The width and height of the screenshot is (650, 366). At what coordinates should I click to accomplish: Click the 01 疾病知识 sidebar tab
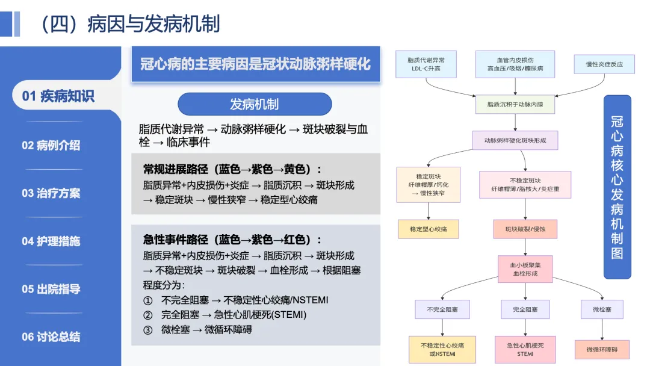[x=58, y=96]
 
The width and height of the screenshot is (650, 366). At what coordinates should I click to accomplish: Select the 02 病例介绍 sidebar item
[x=51, y=145]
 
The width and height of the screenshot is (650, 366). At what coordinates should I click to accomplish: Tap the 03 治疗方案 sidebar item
[x=51, y=193]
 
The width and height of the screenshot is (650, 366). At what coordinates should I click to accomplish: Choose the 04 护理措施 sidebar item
[x=51, y=241]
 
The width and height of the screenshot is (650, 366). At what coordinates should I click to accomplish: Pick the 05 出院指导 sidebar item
[x=51, y=289]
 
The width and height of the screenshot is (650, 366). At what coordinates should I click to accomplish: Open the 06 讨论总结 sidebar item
[x=51, y=337]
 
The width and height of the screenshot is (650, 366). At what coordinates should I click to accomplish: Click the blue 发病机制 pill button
[x=255, y=104]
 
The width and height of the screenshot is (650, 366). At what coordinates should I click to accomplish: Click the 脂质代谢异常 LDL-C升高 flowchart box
[x=426, y=64]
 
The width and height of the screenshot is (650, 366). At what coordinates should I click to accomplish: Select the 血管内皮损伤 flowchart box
[x=515, y=64]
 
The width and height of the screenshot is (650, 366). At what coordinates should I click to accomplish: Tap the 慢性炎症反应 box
[x=604, y=64]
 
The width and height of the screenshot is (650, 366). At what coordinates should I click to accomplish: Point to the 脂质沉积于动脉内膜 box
[x=515, y=104]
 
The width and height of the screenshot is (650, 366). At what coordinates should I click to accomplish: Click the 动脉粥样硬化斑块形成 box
[x=515, y=140]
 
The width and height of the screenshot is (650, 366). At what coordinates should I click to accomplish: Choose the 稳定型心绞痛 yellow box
[x=429, y=229]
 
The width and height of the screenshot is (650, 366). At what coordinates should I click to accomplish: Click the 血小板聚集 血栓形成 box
[x=525, y=269]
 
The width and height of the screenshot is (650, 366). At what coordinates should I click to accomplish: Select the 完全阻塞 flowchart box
[x=525, y=309]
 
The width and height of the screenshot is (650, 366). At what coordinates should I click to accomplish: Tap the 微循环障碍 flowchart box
[x=602, y=350]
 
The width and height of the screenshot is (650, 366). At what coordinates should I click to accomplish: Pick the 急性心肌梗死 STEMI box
[x=525, y=349]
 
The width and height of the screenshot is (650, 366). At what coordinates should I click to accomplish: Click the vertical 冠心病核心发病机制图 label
[x=617, y=187]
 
